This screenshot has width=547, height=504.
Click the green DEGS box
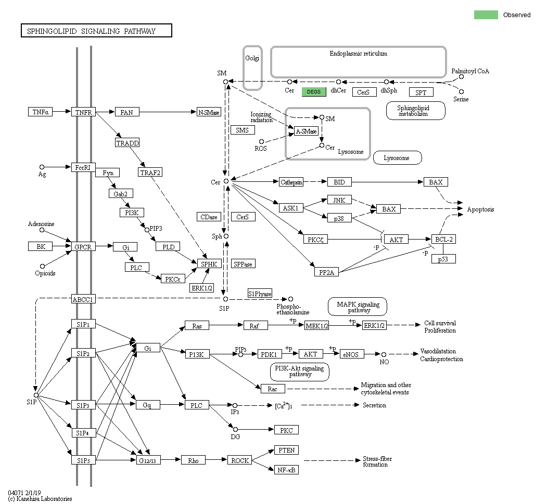(x=314, y=92)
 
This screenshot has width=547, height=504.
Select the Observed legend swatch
(x=486, y=15)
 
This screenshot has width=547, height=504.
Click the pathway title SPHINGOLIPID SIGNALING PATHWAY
(x=96, y=31)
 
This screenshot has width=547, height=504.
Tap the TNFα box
(x=41, y=112)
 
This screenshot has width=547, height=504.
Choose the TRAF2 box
(x=150, y=172)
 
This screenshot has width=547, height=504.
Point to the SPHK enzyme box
(x=209, y=264)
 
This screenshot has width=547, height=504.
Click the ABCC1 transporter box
(x=83, y=299)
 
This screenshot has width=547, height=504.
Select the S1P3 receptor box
(x=83, y=405)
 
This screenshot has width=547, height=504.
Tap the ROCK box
(x=240, y=460)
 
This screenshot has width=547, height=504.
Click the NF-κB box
(x=286, y=470)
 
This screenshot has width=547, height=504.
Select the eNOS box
(x=352, y=354)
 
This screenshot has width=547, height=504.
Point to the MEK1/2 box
(x=317, y=326)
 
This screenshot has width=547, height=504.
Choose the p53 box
(x=443, y=259)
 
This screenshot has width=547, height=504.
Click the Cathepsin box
(x=291, y=182)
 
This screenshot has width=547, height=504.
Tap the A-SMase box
(x=306, y=131)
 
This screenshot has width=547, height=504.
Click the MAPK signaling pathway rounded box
(x=358, y=307)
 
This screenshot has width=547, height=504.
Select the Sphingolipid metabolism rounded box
(x=415, y=111)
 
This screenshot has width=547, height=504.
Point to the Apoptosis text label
(x=480, y=209)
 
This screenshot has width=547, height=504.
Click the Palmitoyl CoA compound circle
(x=461, y=77)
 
